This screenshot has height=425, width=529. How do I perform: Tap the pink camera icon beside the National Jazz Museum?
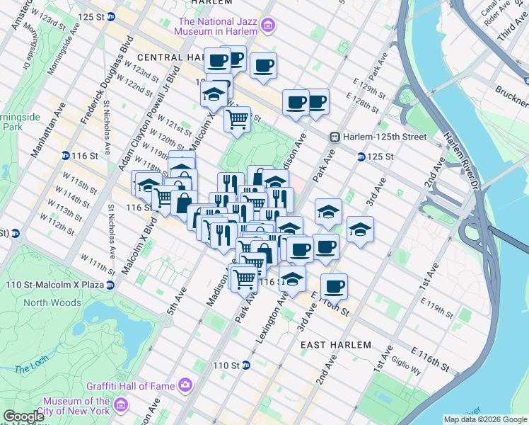pyautogui.click(x=268, y=27)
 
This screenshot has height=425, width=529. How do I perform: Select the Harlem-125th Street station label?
pyautogui.click(x=385, y=137)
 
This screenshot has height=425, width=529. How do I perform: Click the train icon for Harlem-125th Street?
pyautogui.click(x=336, y=137)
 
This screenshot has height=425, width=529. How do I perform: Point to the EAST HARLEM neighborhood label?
pyautogui.click(x=335, y=345)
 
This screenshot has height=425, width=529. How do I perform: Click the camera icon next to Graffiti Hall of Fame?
pyautogui.click(x=185, y=385)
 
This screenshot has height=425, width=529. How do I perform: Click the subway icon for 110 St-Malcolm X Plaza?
pyautogui.click(x=110, y=285)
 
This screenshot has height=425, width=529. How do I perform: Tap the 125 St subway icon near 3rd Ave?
pyautogui.click(x=361, y=157)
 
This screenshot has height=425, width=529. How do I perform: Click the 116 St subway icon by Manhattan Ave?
pyautogui.click(x=65, y=156)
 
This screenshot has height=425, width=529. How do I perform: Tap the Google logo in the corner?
pyautogui.click(x=23, y=416)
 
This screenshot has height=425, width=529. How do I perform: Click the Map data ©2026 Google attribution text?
pyautogui.click(x=484, y=419)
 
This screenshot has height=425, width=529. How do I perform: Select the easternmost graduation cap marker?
pyautogui.click(x=360, y=229)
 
